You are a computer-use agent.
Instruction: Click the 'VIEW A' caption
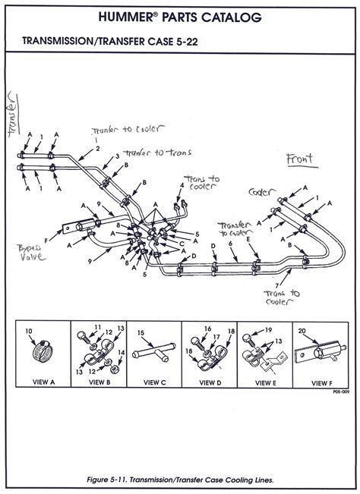tap(41, 382)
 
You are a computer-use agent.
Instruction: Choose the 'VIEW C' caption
tap(153, 382)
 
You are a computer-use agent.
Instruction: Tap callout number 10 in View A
tap(29, 331)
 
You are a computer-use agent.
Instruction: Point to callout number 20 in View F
tap(302, 331)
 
